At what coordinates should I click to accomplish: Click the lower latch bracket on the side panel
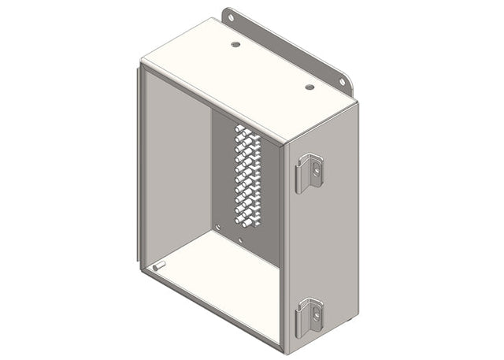click(309, 317)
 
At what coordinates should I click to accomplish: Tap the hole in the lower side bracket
click(315, 313)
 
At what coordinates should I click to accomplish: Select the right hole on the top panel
click(309, 87)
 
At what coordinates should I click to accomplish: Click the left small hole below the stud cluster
click(217, 228)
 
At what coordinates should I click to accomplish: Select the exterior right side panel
click(323, 236)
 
